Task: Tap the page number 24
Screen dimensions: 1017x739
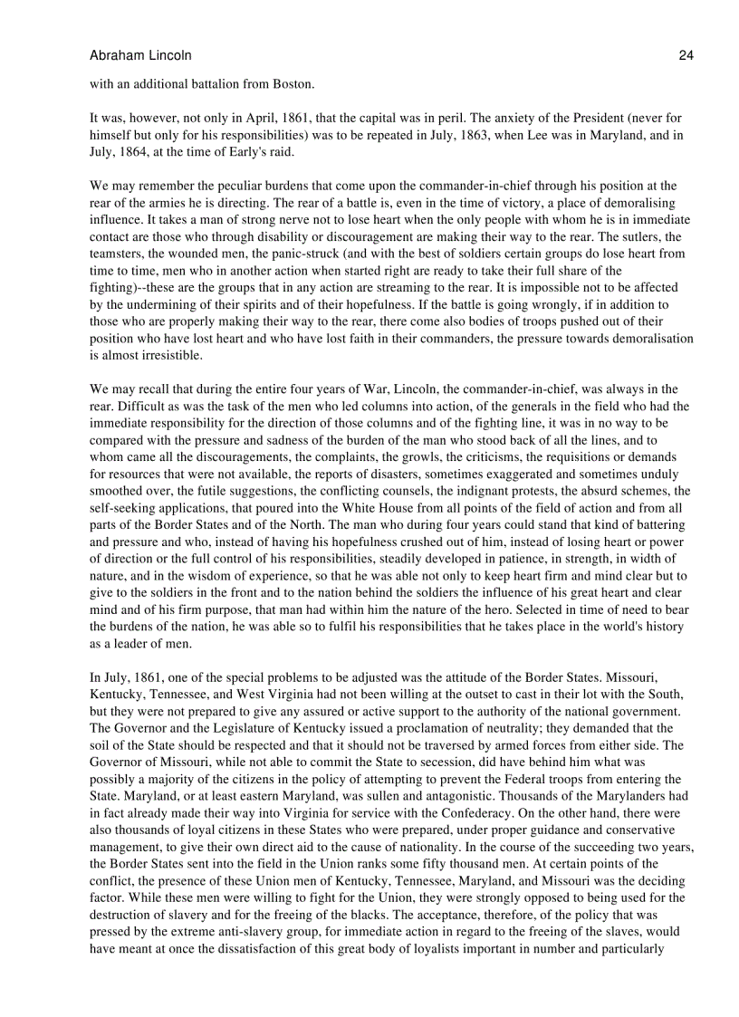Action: [686, 55]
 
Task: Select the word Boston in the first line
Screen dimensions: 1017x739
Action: [293, 84]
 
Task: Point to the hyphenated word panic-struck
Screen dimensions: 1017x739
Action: [347, 254]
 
